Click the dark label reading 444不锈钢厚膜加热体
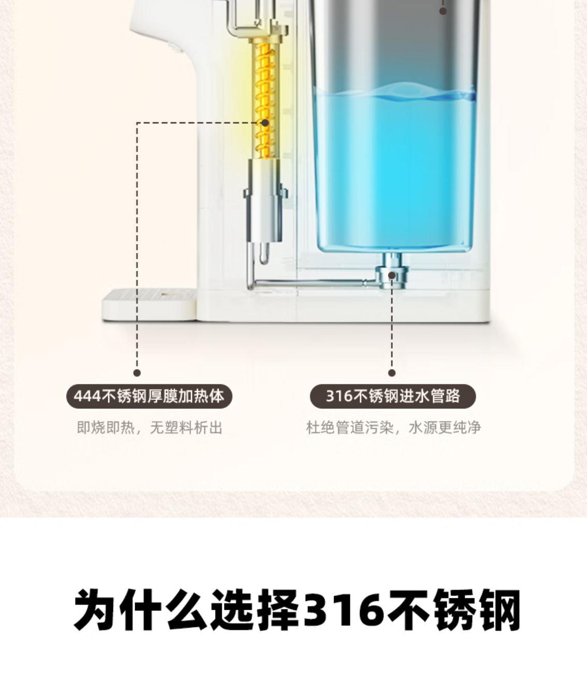pyautogui.click(x=149, y=397)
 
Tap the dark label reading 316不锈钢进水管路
pyautogui.click(x=392, y=397)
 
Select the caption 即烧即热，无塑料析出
pyautogui.click(x=149, y=428)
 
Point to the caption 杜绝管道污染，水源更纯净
pyautogui.click(x=393, y=428)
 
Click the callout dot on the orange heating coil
pyautogui.click(x=265, y=123)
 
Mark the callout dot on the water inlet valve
pyautogui.click(x=392, y=275)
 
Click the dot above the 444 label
pyautogui.click(x=137, y=373)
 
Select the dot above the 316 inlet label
pyautogui.click(x=392, y=373)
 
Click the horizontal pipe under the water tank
pyautogui.click(x=311, y=283)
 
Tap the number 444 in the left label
pyautogui.click(x=88, y=397)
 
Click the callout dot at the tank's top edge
pyautogui.click(x=443, y=10)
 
